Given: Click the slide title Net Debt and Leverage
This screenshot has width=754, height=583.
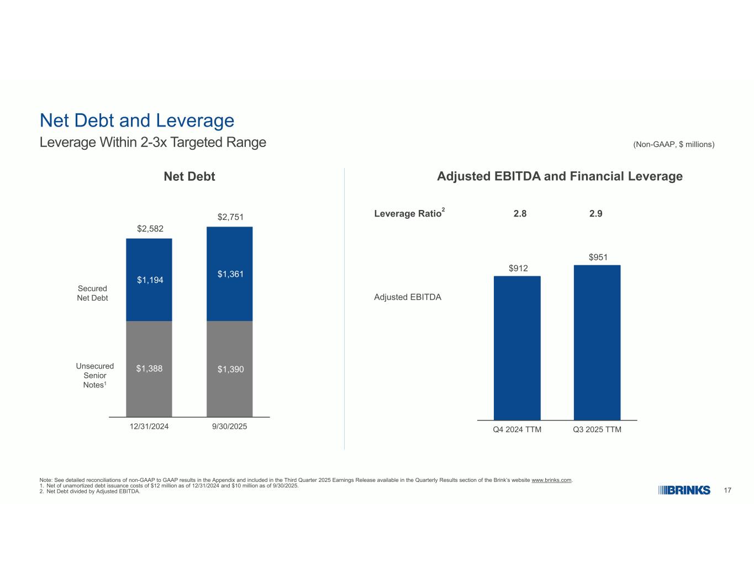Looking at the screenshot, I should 137,120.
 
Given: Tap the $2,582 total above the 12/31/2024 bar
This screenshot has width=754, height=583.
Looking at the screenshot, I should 150,229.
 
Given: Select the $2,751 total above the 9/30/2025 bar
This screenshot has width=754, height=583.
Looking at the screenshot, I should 230,217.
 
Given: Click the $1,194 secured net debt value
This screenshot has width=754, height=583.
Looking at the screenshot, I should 150,280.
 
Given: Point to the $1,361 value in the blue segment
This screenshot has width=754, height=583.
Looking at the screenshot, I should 230,274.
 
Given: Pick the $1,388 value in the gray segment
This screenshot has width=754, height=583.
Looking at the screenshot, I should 150,369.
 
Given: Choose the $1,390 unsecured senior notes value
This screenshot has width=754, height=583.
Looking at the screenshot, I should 230,369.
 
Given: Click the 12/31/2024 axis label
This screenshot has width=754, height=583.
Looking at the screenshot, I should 149,427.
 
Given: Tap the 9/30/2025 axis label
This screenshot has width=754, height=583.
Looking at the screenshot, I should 229,427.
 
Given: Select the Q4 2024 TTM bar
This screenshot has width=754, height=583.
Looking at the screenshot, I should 517,348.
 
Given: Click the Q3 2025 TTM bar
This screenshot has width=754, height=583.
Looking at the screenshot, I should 597,343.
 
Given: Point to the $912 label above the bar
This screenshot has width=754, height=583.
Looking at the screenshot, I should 518,269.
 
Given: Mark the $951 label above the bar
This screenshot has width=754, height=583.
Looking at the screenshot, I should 598,257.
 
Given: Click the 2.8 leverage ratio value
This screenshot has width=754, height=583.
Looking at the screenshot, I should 520,213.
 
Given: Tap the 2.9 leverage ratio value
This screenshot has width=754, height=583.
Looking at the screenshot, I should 595,213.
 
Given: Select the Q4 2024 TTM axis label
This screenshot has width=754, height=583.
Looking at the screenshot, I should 517,430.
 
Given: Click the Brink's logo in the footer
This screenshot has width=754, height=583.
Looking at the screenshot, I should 684,490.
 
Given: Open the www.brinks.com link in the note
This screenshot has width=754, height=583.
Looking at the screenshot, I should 551,480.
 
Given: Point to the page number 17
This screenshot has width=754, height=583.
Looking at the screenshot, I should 727,490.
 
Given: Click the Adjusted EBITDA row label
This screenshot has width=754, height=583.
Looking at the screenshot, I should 408,297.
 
